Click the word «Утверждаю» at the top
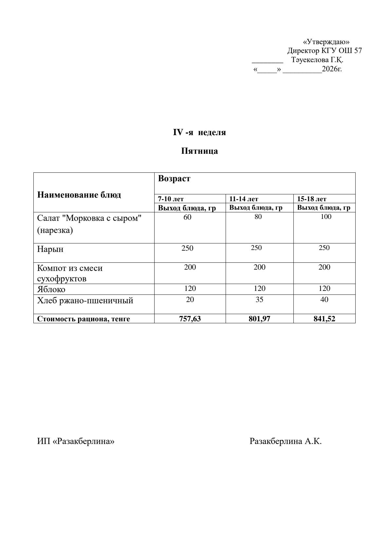pyautogui.click(x=326, y=42)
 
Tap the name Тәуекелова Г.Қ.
pyautogui.click(x=317, y=60)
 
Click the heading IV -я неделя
pyautogui.click(x=199, y=133)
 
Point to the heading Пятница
pyautogui.click(x=199, y=151)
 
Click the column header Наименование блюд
pyautogui.click(x=79, y=195)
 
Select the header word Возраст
pyautogui.click(x=174, y=179)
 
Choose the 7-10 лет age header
pyautogui.click(x=171, y=199)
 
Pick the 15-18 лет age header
pyautogui.click(x=312, y=199)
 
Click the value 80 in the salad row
pyautogui.click(x=258, y=217)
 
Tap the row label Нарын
pyautogui.click(x=50, y=249)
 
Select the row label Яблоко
pyautogui.click(x=51, y=290)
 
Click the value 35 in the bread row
pyautogui.click(x=259, y=300)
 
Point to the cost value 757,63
pyautogui.click(x=190, y=319)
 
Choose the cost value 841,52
pyautogui.click(x=324, y=319)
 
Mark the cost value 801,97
pyautogui.click(x=259, y=319)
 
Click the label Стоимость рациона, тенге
pyautogui.click(x=84, y=319)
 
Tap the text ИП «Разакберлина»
pyautogui.click(x=76, y=441)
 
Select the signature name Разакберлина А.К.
pyautogui.click(x=286, y=441)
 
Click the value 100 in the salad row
pyautogui.click(x=326, y=217)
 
